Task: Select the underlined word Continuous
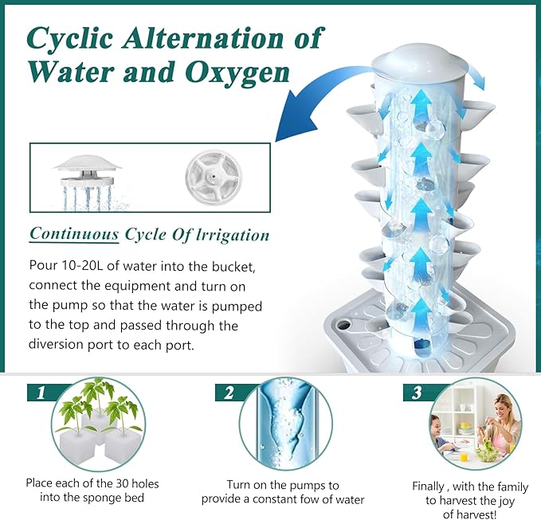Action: click(74, 234)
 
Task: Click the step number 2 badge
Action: click(228, 392)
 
